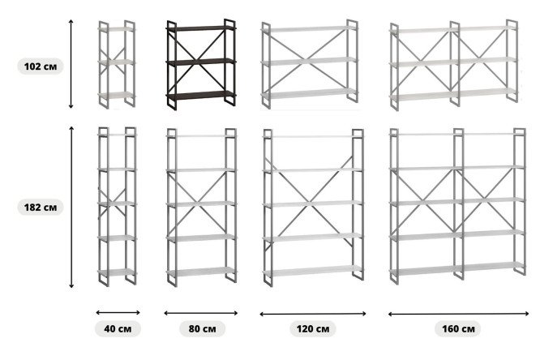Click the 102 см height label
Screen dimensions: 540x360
point(41,66)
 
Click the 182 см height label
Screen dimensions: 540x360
point(41,208)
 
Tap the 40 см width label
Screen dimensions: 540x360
point(118,328)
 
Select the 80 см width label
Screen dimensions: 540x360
point(202,328)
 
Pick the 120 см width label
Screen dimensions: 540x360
point(313,328)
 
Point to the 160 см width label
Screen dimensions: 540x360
point(458,328)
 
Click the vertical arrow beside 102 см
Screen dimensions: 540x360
point(71,64)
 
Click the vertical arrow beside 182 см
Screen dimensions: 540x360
point(71,207)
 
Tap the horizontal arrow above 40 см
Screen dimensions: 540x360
point(118,313)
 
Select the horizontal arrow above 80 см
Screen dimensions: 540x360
point(201,313)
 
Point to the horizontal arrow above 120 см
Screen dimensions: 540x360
point(313,314)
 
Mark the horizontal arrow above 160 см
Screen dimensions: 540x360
point(458,314)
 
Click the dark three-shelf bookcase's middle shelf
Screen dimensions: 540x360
point(201,62)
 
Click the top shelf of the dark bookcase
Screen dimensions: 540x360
point(201,28)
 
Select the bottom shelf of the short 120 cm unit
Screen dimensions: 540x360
point(309,94)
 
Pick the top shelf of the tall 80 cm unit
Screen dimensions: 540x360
point(201,136)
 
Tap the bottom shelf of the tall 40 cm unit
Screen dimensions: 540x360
point(118,272)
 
